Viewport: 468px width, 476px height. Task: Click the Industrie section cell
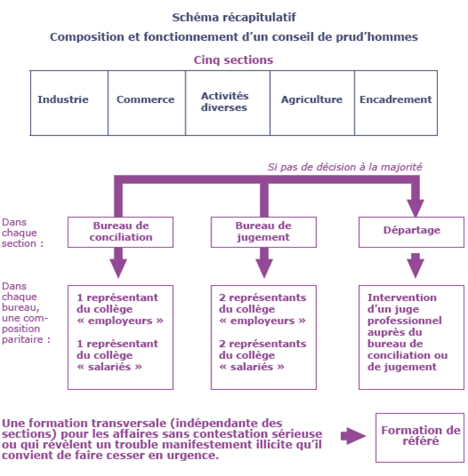[69, 103]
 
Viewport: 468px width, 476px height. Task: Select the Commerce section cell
[147, 103]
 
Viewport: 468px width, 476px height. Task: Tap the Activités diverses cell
[227, 103]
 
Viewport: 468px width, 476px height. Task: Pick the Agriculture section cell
[313, 103]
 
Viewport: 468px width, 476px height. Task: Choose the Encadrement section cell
[396, 103]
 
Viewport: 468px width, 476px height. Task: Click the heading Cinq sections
[234, 60]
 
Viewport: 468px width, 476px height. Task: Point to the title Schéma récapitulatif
[234, 17]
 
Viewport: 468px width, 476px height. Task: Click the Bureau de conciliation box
[121, 233]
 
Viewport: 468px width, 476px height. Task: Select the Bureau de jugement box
[264, 233]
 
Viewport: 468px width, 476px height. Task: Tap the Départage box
[411, 233]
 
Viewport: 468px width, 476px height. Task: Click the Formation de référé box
[420, 438]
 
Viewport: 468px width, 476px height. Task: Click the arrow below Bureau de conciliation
[118, 263]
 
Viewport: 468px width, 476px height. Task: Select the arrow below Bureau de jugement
[264, 263]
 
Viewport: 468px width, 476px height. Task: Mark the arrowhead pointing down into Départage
[416, 208]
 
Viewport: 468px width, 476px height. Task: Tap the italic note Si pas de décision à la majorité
[345, 167]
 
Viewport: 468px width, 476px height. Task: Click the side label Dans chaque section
[22, 233]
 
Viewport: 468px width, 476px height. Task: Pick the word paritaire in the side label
[22, 339]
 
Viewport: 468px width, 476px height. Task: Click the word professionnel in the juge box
[405, 321]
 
